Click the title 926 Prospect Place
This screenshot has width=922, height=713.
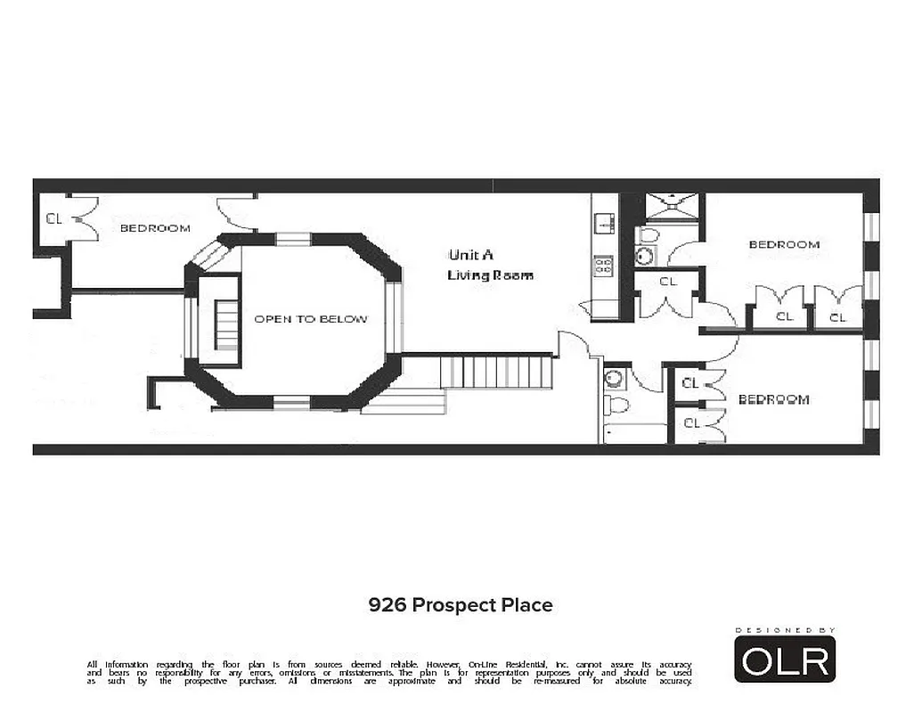[x=461, y=605]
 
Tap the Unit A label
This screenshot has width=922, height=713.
[x=471, y=253]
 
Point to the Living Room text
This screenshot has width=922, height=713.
[x=490, y=275]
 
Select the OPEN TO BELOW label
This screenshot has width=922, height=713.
[x=310, y=319]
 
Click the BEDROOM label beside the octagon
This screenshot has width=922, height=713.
[x=155, y=228]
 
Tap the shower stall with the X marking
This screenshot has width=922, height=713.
[x=674, y=207]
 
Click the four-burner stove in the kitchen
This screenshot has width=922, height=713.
[x=603, y=265]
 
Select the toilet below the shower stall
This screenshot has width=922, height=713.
[x=649, y=235]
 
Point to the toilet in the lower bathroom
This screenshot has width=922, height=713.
[x=617, y=406]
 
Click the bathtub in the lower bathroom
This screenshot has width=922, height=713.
[x=634, y=433]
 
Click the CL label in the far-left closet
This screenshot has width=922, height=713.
[x=54, y=218]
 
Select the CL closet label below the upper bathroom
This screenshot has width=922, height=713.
[x=668, y=282]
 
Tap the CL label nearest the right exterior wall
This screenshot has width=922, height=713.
[x=837, y=316]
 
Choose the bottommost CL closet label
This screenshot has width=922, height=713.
[x=691, y=423]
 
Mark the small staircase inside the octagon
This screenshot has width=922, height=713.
[x=227, y=325]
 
